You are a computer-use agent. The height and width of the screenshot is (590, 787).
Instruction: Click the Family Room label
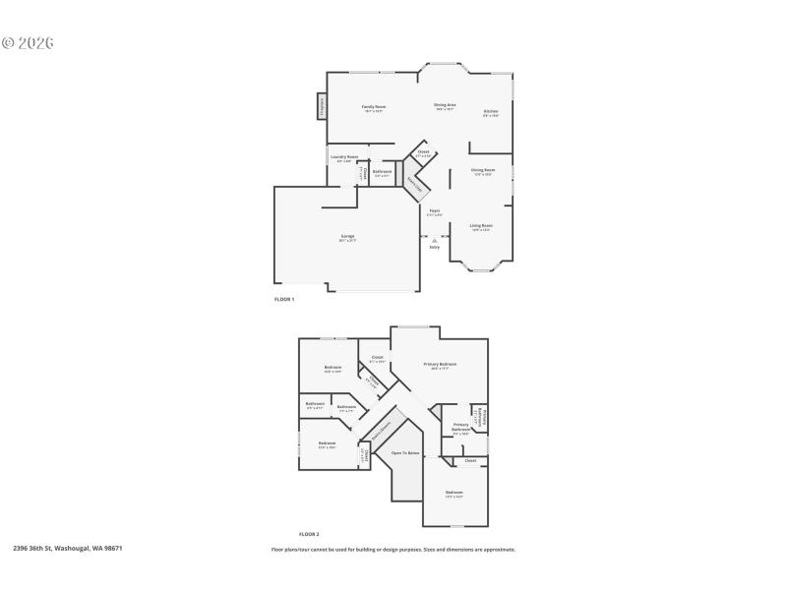coord(373,106)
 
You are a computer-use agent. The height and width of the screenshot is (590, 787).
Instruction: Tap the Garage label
coord(347,236)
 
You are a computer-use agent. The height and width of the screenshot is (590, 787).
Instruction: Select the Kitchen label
coord(490,111)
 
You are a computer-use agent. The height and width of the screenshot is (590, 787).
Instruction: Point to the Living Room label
coord(481,225)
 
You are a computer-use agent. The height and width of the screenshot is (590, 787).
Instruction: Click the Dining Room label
coord(483,170)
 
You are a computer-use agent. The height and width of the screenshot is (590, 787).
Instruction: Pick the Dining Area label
coord(445,104)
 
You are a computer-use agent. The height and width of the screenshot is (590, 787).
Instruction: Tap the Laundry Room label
coord(344,156)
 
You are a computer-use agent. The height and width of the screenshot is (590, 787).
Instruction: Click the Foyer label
coord(434,209)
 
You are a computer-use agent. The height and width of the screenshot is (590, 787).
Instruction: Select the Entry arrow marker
coord(434,239)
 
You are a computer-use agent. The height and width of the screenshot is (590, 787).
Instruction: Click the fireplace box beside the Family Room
coord(322,106)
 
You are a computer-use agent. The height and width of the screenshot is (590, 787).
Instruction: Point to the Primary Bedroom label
coord(441,364)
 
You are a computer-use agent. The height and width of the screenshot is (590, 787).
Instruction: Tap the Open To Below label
coord(405,453)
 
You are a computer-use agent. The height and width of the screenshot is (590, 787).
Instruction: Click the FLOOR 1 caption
coord(284,299)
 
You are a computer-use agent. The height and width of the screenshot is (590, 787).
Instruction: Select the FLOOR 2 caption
coord(309,532)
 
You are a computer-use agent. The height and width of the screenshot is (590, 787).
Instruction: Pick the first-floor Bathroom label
coord(383,171)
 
